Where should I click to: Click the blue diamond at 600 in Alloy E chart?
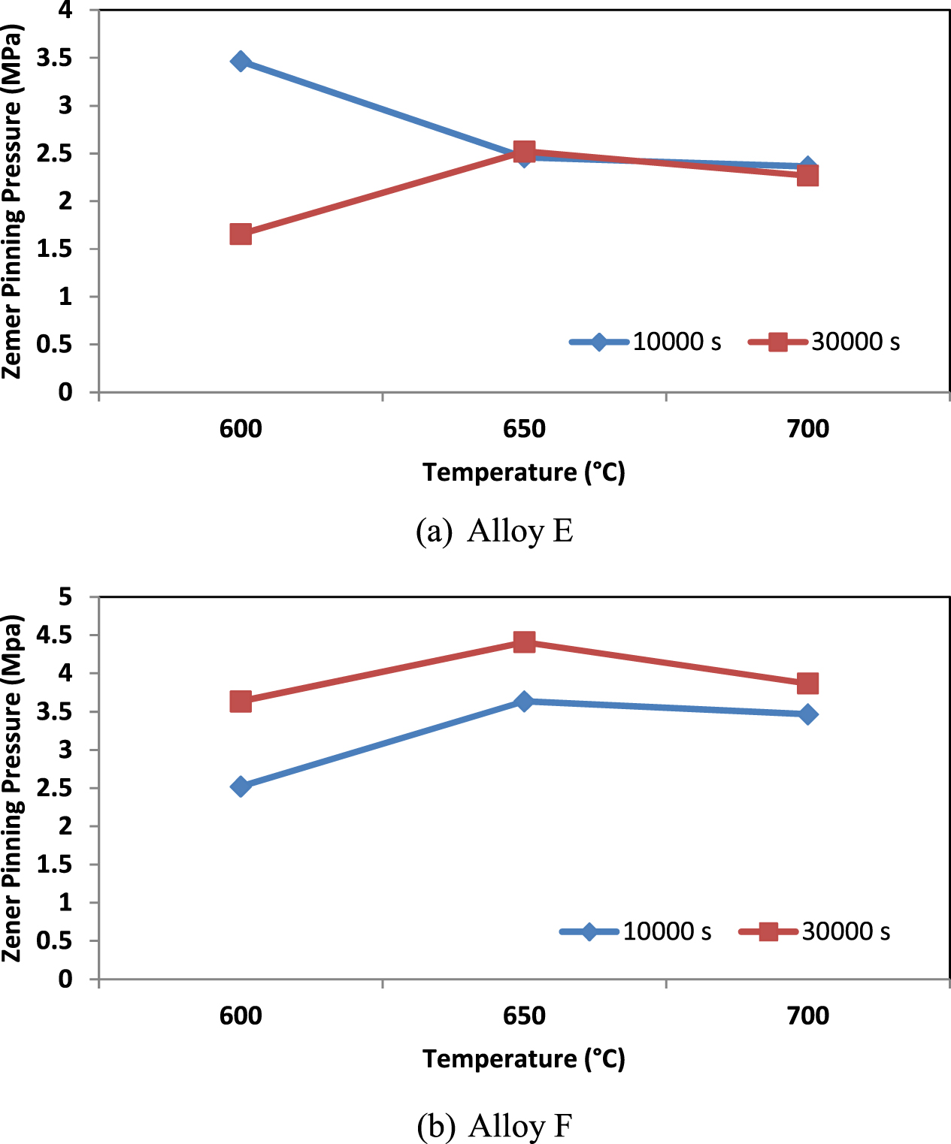pyautogui.click(x=241, y=62)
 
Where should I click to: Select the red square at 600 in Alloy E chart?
pyautogui.click(x=241, y=234)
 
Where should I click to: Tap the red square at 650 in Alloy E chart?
pyautogui.click(x=524, y=152)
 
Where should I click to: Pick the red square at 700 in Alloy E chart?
pyautogui.click(x=807, y=176)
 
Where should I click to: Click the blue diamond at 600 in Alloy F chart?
pyautogui.click(x=241, y=786)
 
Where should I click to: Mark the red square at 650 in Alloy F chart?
pyautogui.click(x=524, y=642)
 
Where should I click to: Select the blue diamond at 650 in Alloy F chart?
pyautogui.click(x=524, y=702)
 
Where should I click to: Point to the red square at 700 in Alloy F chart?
pyautogui.click(x=807, y=684)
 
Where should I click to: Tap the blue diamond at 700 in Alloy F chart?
pyautogui.click(x=807, y=714)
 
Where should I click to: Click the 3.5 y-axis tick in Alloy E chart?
pyautogui.click(x=54, y=58)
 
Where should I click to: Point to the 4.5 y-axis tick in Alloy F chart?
pyautogui.click(x=54, y=635)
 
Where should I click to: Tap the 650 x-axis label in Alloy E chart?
pyautogui.click(x=524, y=429)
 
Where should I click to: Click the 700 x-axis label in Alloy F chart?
pyautogui.click(x=807, y=1016)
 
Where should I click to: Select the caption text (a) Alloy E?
pyautogui.click(x=494, y=531)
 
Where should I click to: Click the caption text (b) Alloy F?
pyautogui.click(x=494, y=1126)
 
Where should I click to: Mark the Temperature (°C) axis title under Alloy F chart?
pyautogui.click(x=523, y=1059)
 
